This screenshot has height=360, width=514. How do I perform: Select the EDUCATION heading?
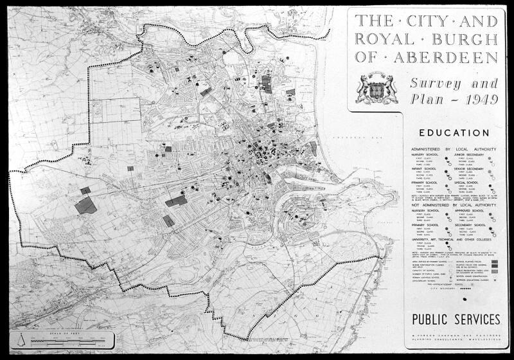pos(453,133)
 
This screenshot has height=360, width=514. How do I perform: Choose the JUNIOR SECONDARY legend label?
pos(474,154)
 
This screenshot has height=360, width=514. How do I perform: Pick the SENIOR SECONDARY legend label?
pos(475,168)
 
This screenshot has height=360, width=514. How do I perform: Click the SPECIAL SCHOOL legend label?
pos(472,183)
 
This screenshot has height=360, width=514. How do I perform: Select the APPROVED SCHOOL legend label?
pos(474,210)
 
